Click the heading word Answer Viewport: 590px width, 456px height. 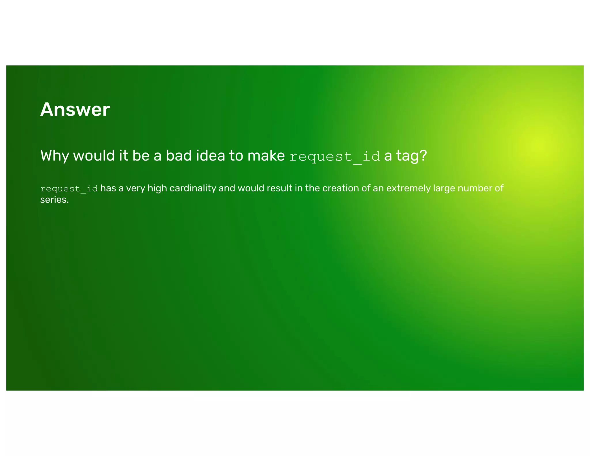point(75,110)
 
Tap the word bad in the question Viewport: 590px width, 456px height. point(179,156)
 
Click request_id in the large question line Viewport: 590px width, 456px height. point(335,157)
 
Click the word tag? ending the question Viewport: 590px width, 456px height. point(411,156)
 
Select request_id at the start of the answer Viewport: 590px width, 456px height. point(69,189)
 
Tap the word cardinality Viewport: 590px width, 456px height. point(193,188)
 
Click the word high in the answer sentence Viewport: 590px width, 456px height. point(157,188)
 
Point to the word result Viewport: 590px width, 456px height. point(278,188)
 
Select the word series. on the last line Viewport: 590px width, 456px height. point(54,200)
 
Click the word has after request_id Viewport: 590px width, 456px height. point(108,188)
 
